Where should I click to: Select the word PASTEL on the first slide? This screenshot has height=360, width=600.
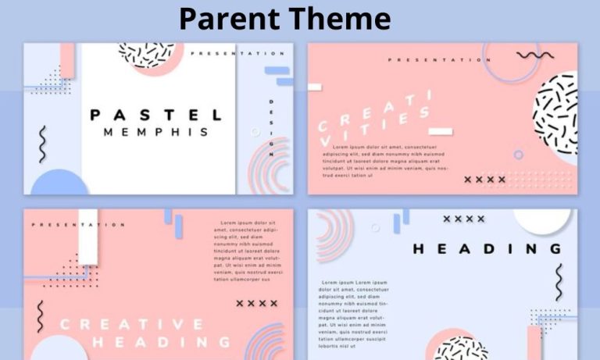(x=156, y=115)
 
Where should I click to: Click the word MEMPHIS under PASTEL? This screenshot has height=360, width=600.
(x=156, y=133)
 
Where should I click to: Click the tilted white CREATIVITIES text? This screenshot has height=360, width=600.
(x=373, y=117)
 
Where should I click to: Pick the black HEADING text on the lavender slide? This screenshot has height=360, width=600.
(x=487, y=249)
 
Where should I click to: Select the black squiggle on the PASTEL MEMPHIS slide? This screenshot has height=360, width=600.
(x=43, y=144)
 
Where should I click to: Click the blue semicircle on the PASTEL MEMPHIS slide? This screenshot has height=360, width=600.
(x=60, y=183)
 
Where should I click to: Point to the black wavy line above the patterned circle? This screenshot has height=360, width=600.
(x=535, y=55)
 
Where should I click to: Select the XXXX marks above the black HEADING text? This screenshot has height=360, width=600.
(x=464, y=219)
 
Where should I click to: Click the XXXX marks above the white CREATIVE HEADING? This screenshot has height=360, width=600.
(x=257, y=303)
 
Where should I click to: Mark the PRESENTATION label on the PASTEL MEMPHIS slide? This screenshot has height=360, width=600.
(x=237, y=54)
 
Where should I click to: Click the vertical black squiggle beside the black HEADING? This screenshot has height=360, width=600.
(x=559, y=282)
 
